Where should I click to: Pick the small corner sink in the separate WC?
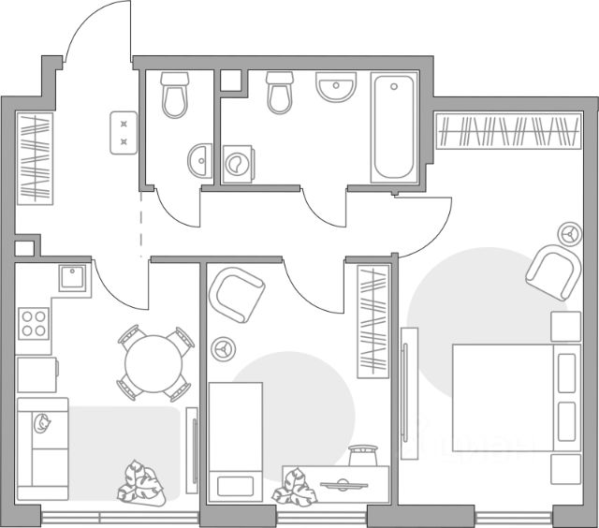click(x=199, y=160)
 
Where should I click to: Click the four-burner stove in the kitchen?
click(x=35, y=323)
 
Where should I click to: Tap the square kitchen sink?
click(x=72, y=276)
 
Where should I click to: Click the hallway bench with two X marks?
click(x=124, y=131)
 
